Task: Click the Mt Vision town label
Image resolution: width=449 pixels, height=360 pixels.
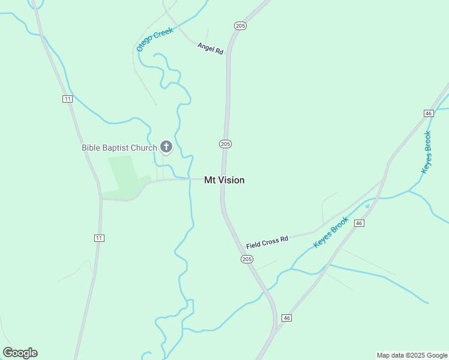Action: click(224, 180)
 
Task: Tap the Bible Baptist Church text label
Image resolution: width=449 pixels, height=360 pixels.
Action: click(119, 148)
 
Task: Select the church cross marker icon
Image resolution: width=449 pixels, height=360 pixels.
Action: click(166, 146)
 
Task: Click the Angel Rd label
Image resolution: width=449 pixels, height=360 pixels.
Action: click(210, 49)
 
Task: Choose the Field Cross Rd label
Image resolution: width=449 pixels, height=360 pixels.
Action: click(267, 242)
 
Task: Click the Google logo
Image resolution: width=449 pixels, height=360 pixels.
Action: click(20, 353)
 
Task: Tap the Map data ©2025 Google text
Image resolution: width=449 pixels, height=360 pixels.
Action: click(412, 355)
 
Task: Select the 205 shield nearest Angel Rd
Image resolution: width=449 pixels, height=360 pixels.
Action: click(241, 25)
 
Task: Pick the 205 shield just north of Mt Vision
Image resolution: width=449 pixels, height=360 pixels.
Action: click(225, 144)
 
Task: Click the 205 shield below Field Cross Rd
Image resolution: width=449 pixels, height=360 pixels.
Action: click(247, 259)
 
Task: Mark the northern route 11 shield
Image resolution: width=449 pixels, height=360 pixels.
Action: click(67, 99)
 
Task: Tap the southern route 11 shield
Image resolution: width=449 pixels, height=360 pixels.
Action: click(99, 238)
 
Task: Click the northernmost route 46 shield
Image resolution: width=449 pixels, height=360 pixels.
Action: click(428, 113)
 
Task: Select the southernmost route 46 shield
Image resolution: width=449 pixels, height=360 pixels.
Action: click(286, 317)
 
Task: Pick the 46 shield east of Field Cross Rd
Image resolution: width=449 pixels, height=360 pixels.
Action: click(359, 223)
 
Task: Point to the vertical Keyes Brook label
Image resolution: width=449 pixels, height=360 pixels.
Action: click(427, 152)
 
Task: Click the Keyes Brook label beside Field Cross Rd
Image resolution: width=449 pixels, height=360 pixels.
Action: click(331, 233)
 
